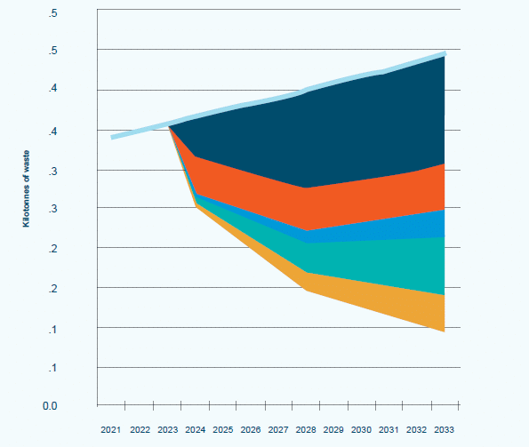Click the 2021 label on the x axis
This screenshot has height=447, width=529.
pyautogui.click(x=111, y=429)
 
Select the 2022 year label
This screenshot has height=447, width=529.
pyautogui.click(x=140, y=429)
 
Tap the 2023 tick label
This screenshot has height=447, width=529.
pyautogui.click(x=167, y=429)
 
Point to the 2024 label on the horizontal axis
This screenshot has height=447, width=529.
pyautogui.click(x=196, y=429)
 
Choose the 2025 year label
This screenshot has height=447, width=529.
pyautogui.click(x=223, y=429)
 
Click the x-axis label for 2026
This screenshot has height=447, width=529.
pyautogui.click(x=251, y=429)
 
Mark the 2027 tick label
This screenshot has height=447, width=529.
pyautogui.click(x=279, y=429)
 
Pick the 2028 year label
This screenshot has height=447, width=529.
pyautogui.click(x=307, y=429)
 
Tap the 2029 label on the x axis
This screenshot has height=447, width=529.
pyautogui.click(x=334, y=429)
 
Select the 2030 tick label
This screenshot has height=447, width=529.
pyautogui.click(x=362, y=429)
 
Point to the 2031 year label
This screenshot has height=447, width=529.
pyautogui.click(x=389, y=429)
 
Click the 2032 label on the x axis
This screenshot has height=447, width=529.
pyautogui.click(x=417, y=429)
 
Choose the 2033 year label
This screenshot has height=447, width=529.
pyautogui.click(x=444, y=429)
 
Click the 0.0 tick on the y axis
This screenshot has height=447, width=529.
pyautogui.click(x=51, y=406)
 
